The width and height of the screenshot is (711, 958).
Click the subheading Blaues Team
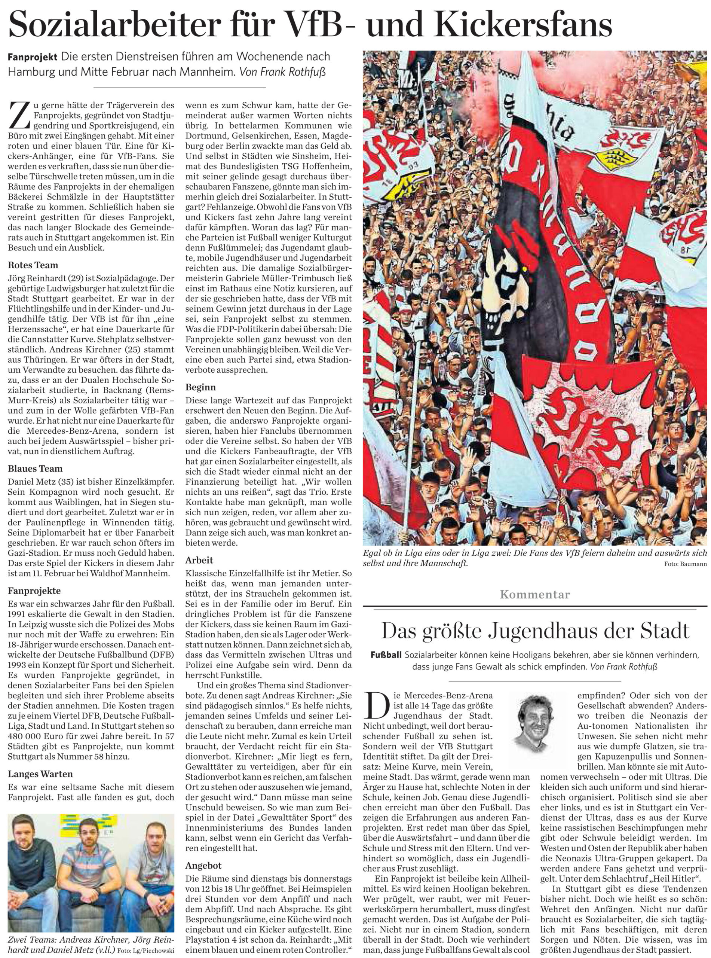(35, 469)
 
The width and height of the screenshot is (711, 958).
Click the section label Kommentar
(534, 595)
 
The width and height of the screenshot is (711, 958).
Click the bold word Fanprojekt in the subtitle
(32, 57)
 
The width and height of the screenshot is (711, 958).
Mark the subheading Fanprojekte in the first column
(34, 591)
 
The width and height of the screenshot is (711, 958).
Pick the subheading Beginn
(200, 387)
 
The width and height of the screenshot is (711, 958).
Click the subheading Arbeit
(199, 560)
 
